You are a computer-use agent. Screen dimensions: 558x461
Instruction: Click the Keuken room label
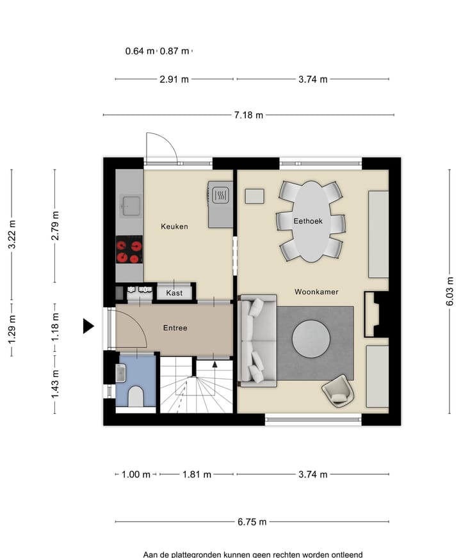pyautogui.click(x=174, y=226)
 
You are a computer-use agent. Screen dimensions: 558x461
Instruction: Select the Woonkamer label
pyautogui.click(x=316, y=292)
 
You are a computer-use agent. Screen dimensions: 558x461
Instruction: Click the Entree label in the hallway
pyautogui.click(x=175, y=328)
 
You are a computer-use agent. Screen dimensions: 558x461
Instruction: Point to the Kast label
pyautogui.click(x=174, y=293)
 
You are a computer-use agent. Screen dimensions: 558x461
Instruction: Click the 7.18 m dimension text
pyautogui.click(x=248, y=115)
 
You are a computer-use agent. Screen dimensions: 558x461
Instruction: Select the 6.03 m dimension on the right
pyautogui.click(x=450, y=291)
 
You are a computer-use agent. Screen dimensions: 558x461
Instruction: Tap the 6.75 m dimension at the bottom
pyautogui.click(x=252, y=522)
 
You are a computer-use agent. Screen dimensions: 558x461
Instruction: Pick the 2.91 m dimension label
pyautogui.click(x=175, y=79)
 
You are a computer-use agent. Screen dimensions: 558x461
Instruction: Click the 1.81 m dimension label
pyautogui.click(x=197, y=474)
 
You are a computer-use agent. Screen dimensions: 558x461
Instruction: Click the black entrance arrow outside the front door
pyautogui.click(x=88, y=326)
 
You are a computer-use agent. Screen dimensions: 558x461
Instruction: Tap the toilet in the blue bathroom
pyautogui.click(x=136, y=397)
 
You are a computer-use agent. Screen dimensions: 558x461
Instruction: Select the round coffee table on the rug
pyautogui.click(x=312, y=339)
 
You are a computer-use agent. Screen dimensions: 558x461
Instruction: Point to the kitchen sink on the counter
pyautogui.click(x=131, y=205)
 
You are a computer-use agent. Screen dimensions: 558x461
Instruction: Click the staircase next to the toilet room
pyautogui.click(x=195, y=387)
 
